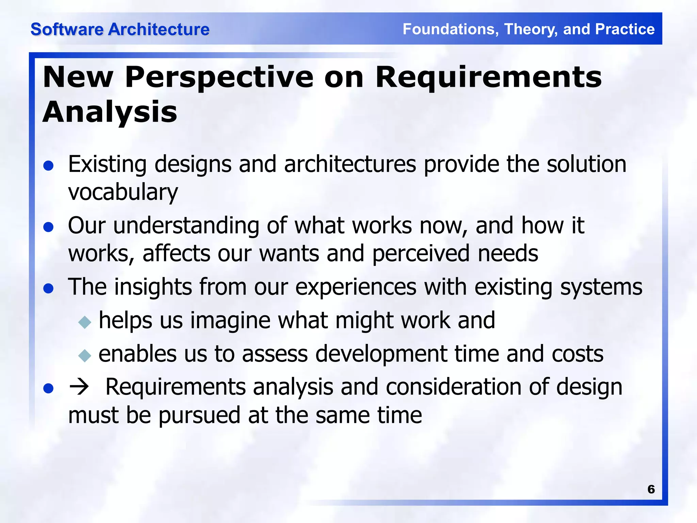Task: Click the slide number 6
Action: click(x=651, y=489)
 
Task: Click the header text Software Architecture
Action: click(x=120, y=29)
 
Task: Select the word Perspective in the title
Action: click(x=219, y=77)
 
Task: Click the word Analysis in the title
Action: click(x=110, y=112)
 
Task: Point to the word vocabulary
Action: click(x=123, y=192)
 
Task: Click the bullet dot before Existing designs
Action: click(x=49, y=166)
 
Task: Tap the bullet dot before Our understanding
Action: click(x=49, y=227)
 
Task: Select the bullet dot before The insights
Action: click(x=49, y=288)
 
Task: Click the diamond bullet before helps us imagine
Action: click(x=84, y=322)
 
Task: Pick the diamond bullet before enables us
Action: click(x=84, y=355)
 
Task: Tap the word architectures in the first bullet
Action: click(x=350, y=164)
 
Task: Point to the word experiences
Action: click(x=356, y=287)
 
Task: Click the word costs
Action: click(x=578, y=354)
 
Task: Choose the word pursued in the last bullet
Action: click(x=199, y=416)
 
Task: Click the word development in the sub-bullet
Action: click(x=381, y=354)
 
